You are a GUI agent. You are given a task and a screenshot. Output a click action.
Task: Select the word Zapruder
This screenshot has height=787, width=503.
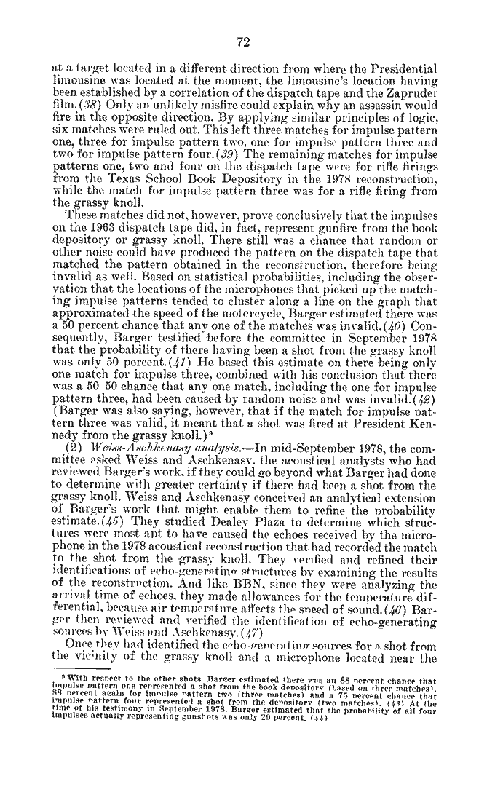(411, 94)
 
